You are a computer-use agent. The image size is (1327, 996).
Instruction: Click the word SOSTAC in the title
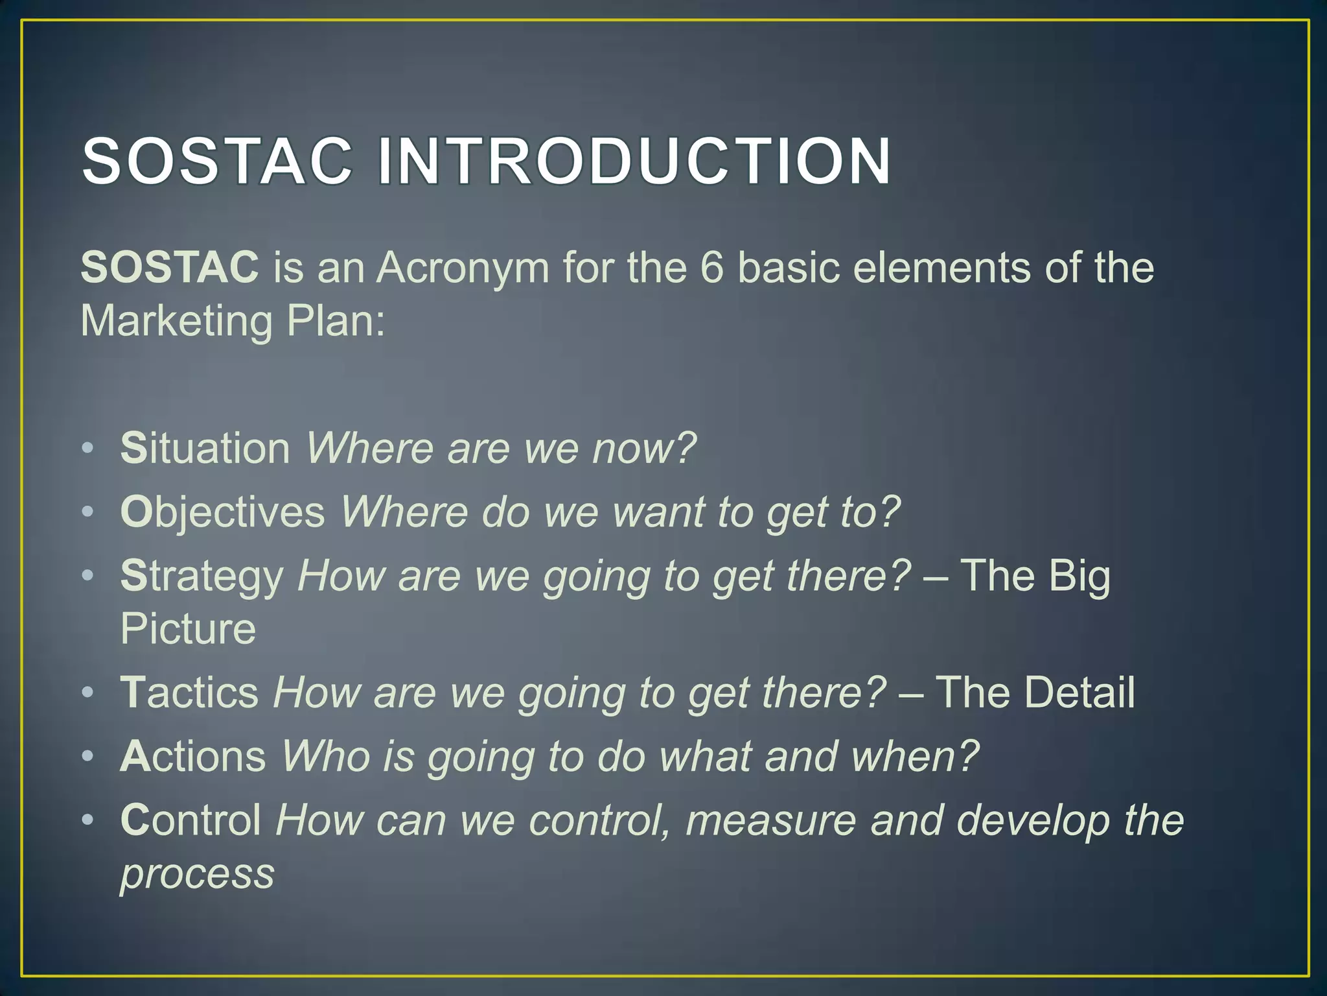point(217,161)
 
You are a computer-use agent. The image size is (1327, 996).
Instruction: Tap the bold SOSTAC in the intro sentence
point(170,267)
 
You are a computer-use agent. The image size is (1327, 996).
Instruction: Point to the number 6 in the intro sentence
point(711,267)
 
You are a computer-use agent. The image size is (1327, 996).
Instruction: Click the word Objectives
point(222,512)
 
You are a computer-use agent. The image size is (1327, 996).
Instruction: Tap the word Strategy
point(202,575)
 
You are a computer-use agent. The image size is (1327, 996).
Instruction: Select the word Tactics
point(189,692)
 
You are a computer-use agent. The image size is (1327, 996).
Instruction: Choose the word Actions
point(192,755)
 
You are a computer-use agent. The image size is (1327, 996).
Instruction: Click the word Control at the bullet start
point(190,819)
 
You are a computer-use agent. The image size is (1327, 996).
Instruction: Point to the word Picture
point(188,628)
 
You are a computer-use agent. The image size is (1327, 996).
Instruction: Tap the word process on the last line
point(197,873)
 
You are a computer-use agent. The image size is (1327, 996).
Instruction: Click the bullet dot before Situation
point(88,449)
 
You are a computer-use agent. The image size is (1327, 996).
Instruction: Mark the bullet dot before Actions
point(88,757)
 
